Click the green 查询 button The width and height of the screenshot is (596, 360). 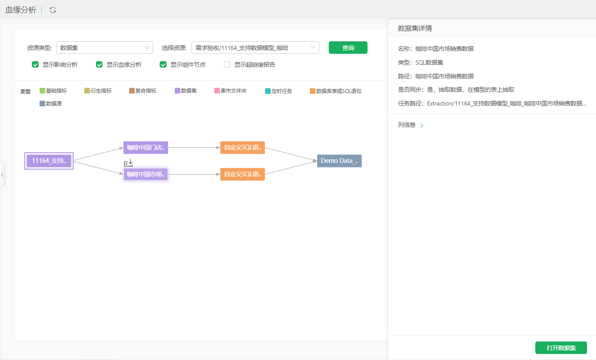[348, 48]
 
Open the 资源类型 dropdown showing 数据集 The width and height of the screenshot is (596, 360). [105, 48]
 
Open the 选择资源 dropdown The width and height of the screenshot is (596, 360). [255, 48]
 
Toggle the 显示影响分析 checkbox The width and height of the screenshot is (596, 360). [35, 65]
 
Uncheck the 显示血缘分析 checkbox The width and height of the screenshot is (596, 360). [99, 65]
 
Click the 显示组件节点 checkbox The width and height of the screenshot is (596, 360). [163, 65]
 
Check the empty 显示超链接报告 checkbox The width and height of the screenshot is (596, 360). [227, 65]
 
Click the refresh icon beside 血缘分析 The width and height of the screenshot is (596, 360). [52, 10]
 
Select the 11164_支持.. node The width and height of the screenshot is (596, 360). [49, 161]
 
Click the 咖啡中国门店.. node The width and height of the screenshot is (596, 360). [146, 148]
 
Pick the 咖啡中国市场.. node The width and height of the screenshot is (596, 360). [146, 174]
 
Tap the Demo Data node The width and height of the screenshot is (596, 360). [339, 161]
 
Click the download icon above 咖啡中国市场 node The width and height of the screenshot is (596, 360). [128, 162]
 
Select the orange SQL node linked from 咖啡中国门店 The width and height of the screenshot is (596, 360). [242, 148]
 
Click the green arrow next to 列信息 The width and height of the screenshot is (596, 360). [422, 125]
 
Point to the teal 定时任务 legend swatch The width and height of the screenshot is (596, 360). [268, 91]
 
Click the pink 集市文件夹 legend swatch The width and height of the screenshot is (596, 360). [217, 91]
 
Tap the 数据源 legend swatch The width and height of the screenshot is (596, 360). [42, 104]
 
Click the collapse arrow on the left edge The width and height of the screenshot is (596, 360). [3, 175]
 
